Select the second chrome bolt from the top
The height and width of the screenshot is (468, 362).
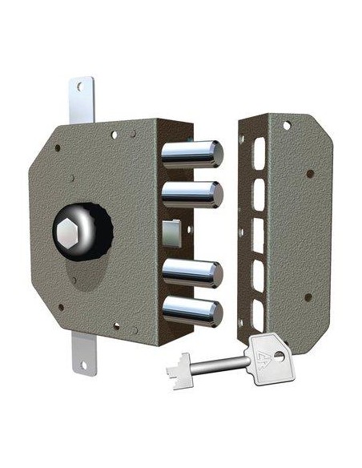click(x=192, y=193)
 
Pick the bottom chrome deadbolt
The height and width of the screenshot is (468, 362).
click(x=192, y=311)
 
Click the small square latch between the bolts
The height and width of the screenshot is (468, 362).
click(x=171, y=232)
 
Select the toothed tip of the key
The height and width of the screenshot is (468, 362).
click(x=177, y=369)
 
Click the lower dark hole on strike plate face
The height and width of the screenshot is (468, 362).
click(x=308, y=297)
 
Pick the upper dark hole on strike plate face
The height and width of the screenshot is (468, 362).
click(x=308, y=172)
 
